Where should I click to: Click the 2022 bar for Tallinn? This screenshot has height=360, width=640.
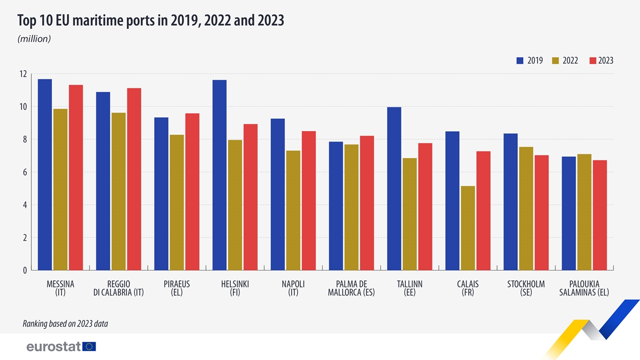click(410, 214)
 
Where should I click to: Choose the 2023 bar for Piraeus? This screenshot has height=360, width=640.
click(192, 191)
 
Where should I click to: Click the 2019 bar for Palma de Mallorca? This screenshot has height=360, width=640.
click(336, 206)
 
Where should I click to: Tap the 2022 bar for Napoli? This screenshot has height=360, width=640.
click(293, 210)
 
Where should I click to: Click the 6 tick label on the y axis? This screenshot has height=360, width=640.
click(25, 172)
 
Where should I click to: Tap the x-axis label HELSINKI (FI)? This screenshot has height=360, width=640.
click(235, 288)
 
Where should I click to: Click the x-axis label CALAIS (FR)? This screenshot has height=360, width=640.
click(468, 288)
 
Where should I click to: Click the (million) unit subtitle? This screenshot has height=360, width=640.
click(34, 39)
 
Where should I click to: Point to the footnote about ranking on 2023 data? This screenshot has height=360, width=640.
click(65, 323)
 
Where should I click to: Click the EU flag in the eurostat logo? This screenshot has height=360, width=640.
click(90, 347)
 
